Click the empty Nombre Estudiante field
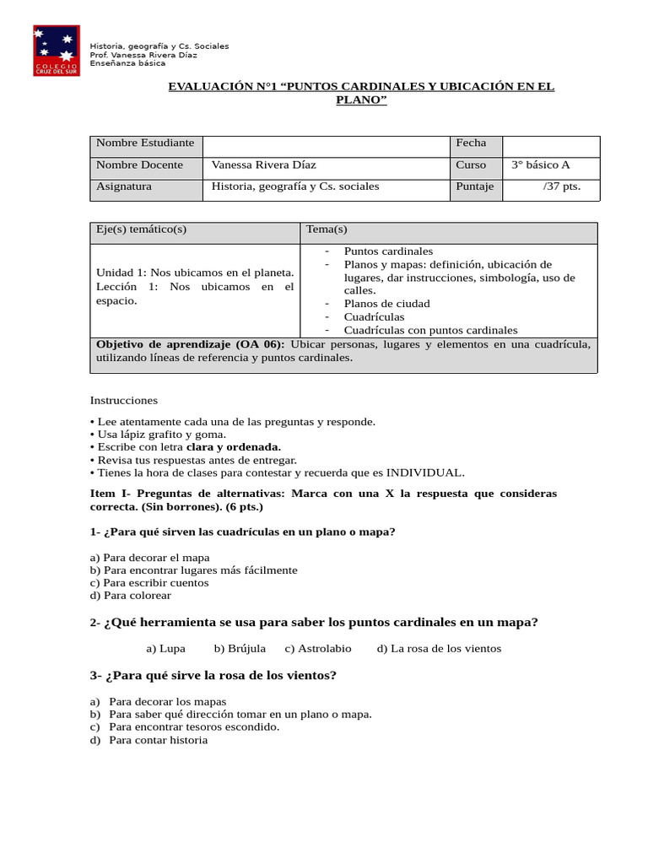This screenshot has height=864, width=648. pyautogui.click(x=326, y=146)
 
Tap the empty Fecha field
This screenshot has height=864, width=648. pyautogui.click(x=550, y=146)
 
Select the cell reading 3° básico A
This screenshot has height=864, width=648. pyautogui.click(x=541, y=165)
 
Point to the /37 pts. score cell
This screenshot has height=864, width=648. pyautogui.click(x=561, y=186)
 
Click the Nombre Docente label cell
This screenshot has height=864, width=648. pyautogui.click(x=140, y=165)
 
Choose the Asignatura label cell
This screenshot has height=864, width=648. pyautogui.click(x=124, y=186)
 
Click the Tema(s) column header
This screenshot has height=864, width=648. pyautogui.click(x=327, y=229)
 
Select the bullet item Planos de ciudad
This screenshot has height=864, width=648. pyautogui.click(x=386, y=304)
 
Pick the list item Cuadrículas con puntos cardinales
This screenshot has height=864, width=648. pyautogui.click(x=430, y=331)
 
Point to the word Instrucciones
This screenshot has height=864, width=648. pyautogui.click(x=124, y=400)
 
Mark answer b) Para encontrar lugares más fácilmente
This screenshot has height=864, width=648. pyautogui.click(x=193, y=570)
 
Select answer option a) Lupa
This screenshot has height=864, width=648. pyautogui.click(x=165, y=649)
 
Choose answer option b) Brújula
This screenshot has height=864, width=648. pyautogui.click(x=240, y=649)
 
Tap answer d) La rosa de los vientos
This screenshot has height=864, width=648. pyautogui.click(x=439, y=649)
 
